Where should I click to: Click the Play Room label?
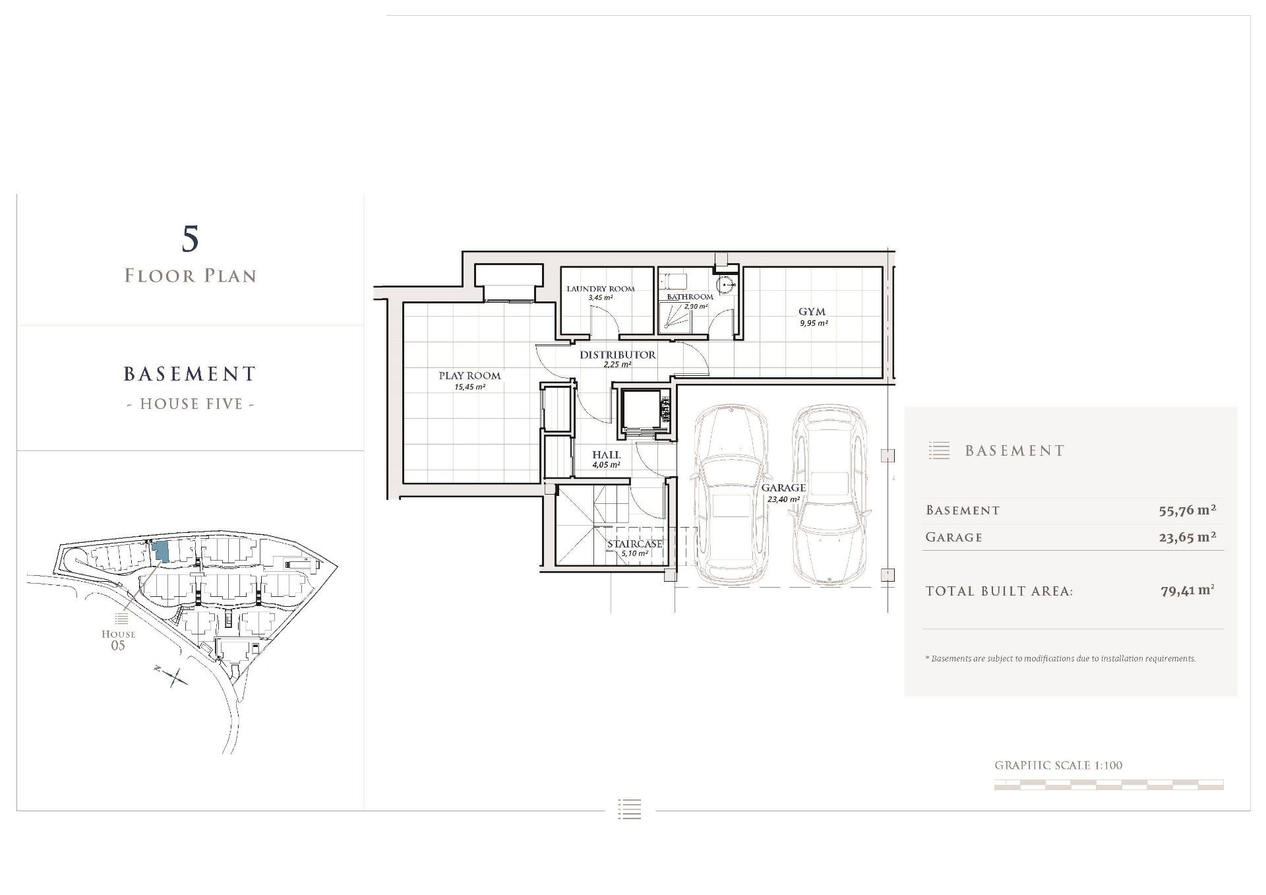[x=469, y=376]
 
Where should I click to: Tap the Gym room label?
[x=812, y=311]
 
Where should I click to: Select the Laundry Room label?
[x=601, y=289]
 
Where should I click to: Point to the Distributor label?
[x=618, y=355]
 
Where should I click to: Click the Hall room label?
[x=606, y=454]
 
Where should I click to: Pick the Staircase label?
[x=634, y=543]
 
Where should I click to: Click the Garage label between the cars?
[x=783, y=488]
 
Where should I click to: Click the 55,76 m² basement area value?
[x=1188, y=510]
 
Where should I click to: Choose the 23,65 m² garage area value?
[x=1188, y=537]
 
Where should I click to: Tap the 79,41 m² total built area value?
[x=1188, y=590]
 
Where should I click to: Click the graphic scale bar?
[x=1108, y=785]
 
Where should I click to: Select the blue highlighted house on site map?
[x=160, y=551]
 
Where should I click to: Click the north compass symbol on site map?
[x=173, y=676]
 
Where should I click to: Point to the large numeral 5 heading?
[x=190, y=239]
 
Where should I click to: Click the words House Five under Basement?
[x=191, y=404]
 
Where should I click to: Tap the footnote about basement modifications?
[x=1060, y=658]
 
